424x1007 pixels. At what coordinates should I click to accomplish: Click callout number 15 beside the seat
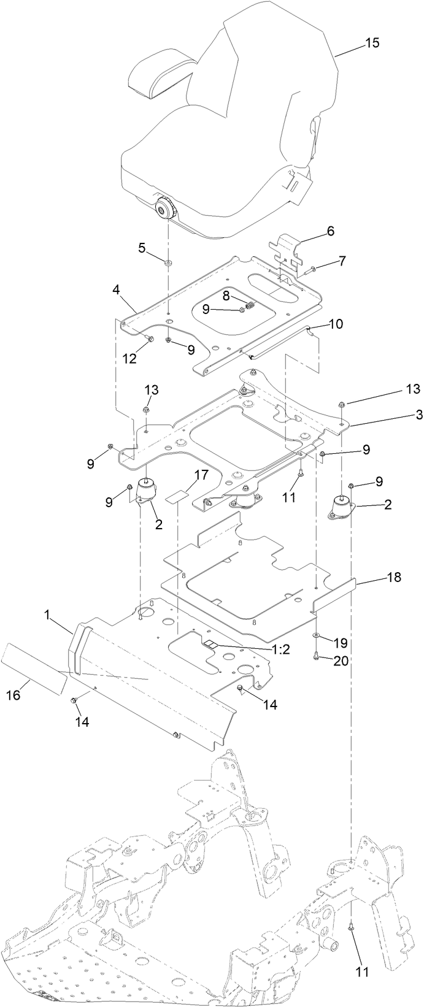372,43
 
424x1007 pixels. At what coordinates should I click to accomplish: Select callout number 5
142,248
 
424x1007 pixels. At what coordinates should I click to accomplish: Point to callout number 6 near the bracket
330,231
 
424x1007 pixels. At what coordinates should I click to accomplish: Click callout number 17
184,475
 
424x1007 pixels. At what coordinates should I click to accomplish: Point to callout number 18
393,578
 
